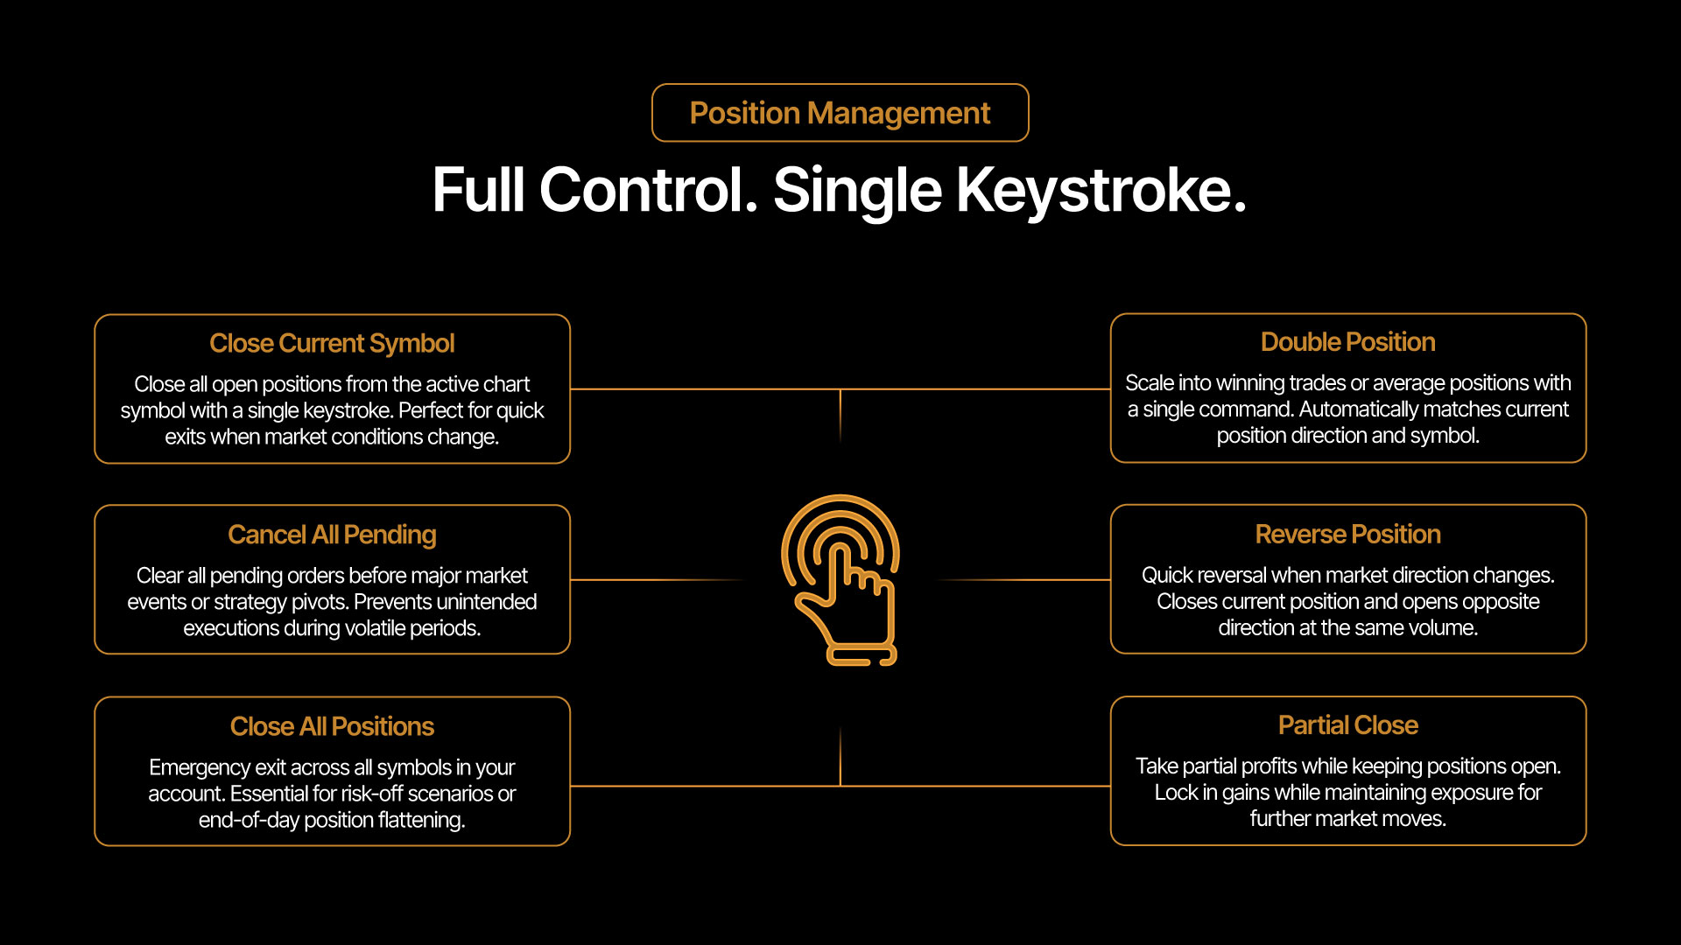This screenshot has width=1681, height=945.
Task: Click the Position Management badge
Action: (x=840, y=113)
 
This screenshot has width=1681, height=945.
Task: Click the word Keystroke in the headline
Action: (x=1101, y=190)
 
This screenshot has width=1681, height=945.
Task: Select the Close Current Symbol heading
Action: (x=332, y=343)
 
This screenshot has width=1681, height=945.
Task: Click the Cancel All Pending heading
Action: (x=332, y=535)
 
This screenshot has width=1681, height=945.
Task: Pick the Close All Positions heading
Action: (x=332, y=726)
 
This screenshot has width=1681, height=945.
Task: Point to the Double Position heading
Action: (x=1347, y=342)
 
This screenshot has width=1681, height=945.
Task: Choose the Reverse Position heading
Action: (x=1347, y=534)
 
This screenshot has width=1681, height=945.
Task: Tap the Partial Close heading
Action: (x=1347, y=725)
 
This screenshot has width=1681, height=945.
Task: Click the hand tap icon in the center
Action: (x=840, y=579)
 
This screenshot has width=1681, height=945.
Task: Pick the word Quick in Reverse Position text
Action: (x=1167, y=576)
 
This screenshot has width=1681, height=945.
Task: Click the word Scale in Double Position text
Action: (x=1150, y=383)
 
